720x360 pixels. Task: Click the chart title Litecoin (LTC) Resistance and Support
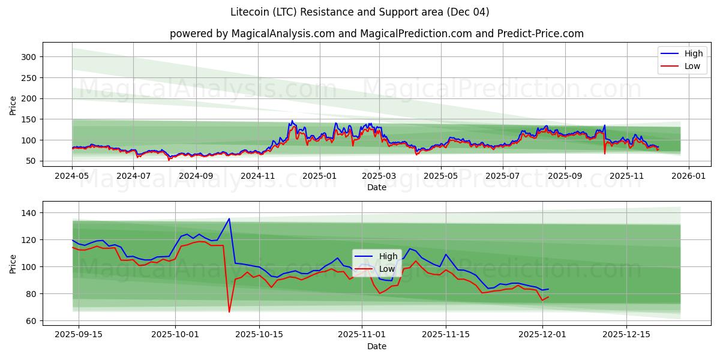[x=359, y=12]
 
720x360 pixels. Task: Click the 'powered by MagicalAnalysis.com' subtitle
[x=376, y=34]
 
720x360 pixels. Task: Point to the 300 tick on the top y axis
[x=30, y=57]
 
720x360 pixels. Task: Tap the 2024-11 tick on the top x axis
[x=258, y=176]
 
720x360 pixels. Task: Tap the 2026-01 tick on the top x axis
[x=688, y=176]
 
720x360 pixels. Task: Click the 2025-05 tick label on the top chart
[x=441, y=176]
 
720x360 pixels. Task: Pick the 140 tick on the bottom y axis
[x=30, y=213]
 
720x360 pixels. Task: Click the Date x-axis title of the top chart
[x=376, y=187]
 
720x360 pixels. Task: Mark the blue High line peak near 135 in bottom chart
[x=229, y=218]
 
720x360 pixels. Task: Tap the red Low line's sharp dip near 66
[x=229, y=311]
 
